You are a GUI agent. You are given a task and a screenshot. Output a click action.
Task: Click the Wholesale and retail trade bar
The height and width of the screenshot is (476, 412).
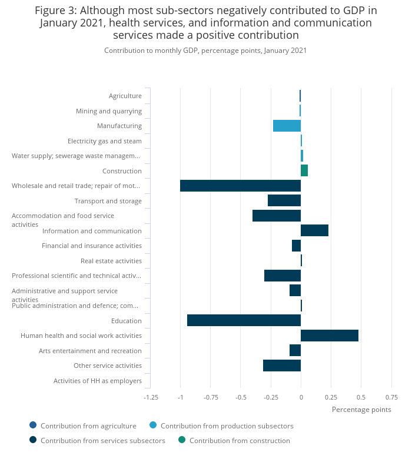[x=240, y=186]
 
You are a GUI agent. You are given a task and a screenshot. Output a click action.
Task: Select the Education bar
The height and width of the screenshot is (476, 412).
[x=244, y=320]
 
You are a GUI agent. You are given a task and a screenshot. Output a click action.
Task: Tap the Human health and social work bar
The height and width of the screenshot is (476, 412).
[x=329, y=336]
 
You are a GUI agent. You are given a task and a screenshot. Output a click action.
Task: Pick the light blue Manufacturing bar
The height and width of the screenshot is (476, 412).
[x=287, y=126]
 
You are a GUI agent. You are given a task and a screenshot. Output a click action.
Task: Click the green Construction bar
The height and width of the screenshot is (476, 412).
[x=304, y=170]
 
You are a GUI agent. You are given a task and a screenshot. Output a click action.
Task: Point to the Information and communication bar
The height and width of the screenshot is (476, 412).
[x=314, y=230]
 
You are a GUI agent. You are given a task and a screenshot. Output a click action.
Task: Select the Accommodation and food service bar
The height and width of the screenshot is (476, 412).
[x=277, y=216]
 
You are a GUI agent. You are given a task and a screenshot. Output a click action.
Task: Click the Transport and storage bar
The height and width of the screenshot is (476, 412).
[x=284, y=200]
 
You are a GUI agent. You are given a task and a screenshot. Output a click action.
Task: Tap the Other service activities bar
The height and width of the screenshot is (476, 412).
[x=282, y=366]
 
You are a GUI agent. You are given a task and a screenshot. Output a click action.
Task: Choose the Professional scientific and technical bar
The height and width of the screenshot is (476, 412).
[x=283, y=276]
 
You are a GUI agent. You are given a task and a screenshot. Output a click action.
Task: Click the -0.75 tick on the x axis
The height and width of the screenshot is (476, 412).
[x=211, y=397]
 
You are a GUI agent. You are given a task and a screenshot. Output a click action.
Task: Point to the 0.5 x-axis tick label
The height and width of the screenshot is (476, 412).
[x=361, y=397]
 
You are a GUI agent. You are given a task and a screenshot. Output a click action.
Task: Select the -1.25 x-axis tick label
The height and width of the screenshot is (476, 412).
[x=151, y=397]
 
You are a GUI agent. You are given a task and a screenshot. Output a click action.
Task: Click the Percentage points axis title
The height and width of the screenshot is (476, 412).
[x=361, y=410]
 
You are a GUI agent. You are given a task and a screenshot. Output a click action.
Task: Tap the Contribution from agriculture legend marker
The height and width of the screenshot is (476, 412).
[x=33, y=425]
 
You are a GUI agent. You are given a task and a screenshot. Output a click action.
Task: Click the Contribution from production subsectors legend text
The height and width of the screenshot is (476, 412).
[x=227, y=426]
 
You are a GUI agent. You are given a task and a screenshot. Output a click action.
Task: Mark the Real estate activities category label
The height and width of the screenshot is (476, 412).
[x=111, y=261]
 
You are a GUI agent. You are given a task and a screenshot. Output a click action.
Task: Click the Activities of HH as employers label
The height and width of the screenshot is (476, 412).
[x=98, y=381]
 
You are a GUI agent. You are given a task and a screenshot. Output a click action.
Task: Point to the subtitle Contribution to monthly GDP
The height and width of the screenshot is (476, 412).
[x=205, y=51]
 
